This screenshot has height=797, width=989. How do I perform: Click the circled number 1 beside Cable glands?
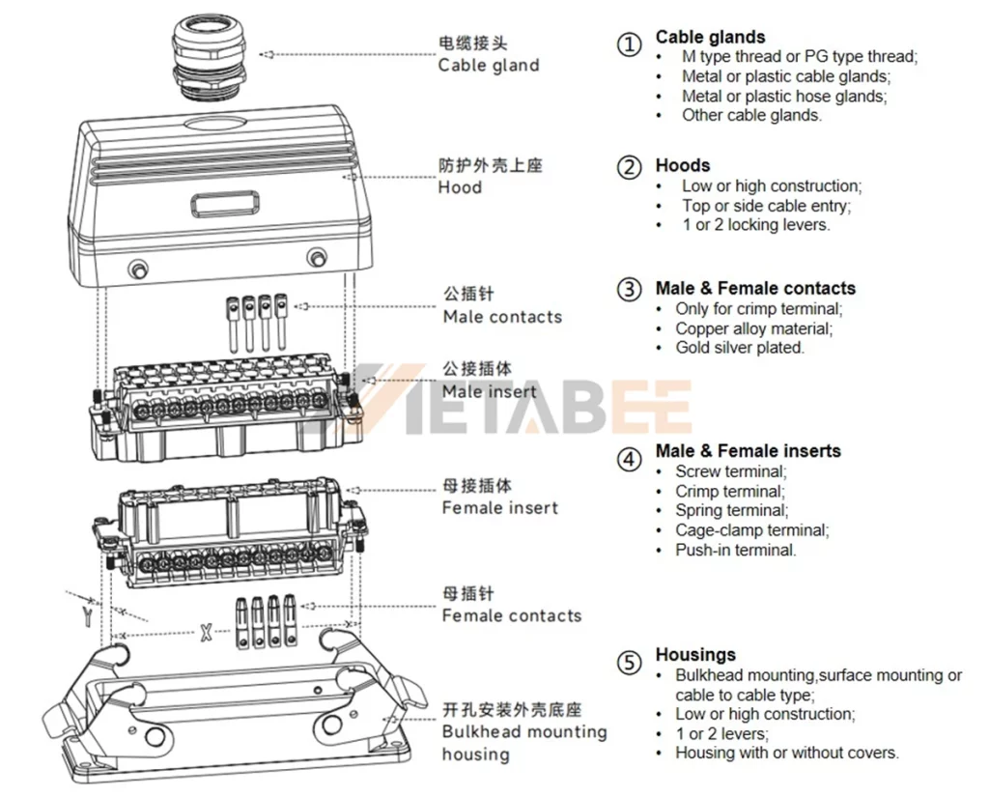point(629,44)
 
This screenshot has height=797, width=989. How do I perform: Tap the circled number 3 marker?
point(629,289)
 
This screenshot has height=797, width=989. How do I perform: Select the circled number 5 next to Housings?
point(629,663)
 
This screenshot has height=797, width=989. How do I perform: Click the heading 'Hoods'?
point(682,165)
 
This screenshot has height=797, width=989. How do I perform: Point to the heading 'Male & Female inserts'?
point(748,451)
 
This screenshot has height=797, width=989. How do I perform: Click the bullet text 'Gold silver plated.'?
point(739,348)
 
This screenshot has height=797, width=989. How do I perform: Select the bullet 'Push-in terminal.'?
point(735,550)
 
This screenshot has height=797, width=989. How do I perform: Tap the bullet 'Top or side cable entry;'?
point(766,206)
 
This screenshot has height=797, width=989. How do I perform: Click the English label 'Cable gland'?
point(488,66)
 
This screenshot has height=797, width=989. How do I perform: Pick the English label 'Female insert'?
point(499,508)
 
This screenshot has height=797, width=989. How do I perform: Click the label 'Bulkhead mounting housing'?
point(523,743)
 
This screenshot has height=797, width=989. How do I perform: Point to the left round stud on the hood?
point(139,268)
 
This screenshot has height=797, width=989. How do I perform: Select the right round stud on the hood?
point(317,257)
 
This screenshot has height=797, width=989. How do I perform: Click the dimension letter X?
point(205,634)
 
